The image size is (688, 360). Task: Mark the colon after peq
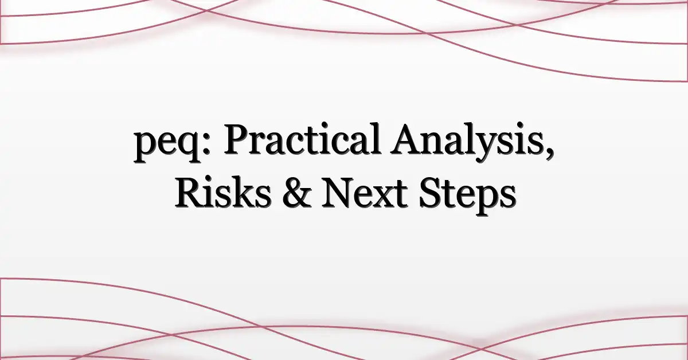(x=207, y=145)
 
